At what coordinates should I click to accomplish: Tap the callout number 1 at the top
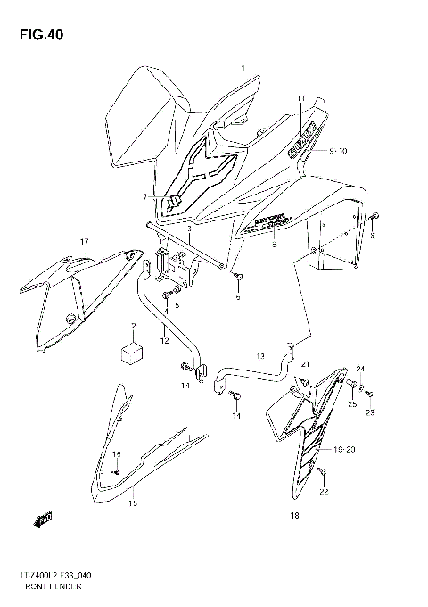point(241,68)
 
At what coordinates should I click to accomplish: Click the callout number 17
point(84,241)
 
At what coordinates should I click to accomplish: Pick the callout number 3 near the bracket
point(188,229)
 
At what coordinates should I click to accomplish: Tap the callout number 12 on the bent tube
point(164,340)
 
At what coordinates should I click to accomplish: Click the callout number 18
point(293,515)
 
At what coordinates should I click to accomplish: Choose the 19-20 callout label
point(343,450)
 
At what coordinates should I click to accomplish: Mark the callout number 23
point(370,412)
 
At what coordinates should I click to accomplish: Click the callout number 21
point(303,364)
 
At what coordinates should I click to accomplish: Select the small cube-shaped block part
point(131,350)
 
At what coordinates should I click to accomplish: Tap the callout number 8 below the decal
point(273,243)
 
